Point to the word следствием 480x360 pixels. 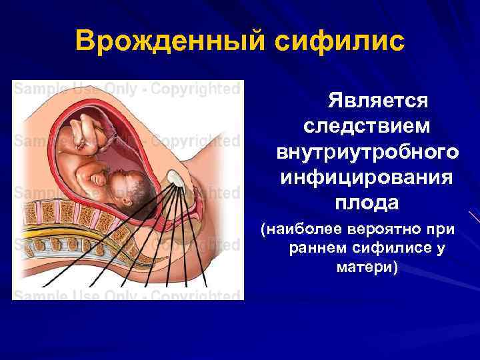tap(367, 127)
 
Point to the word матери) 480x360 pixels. tap(363, 267)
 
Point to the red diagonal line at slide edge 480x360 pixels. tap(473, 217)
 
